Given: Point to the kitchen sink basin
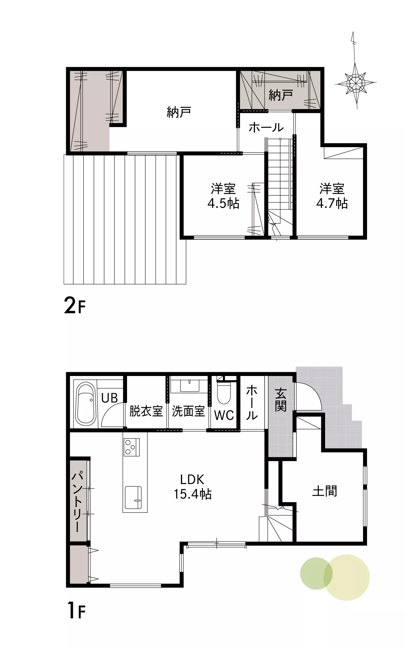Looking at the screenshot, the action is pos(133,497).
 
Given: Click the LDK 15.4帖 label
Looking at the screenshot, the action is pos(192,487).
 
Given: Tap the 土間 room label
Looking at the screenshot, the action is pos(325,491).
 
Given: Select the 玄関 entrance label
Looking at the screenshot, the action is pos(281,400).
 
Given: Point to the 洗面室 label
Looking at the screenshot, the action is pos(188,411).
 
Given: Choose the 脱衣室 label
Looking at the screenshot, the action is pos(146,411).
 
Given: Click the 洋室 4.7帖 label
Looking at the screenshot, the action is pos(332,196).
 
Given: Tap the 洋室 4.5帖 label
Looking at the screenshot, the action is pos(224,196).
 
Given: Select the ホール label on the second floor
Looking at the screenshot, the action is pos(266,128).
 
